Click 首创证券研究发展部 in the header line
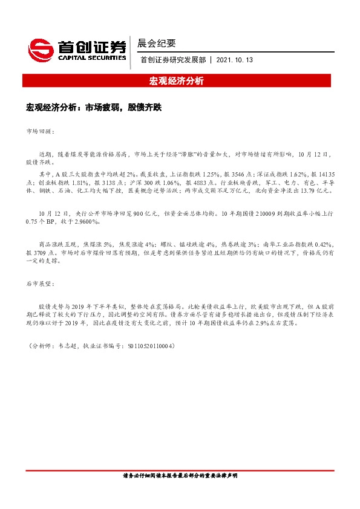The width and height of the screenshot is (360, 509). (x=172, y=60)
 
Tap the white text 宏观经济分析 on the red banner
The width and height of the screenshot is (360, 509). (x=180, y=81)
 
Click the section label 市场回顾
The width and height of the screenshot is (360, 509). (x=41, y=131)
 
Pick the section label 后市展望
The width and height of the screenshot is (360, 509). (x=41, y=283)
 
